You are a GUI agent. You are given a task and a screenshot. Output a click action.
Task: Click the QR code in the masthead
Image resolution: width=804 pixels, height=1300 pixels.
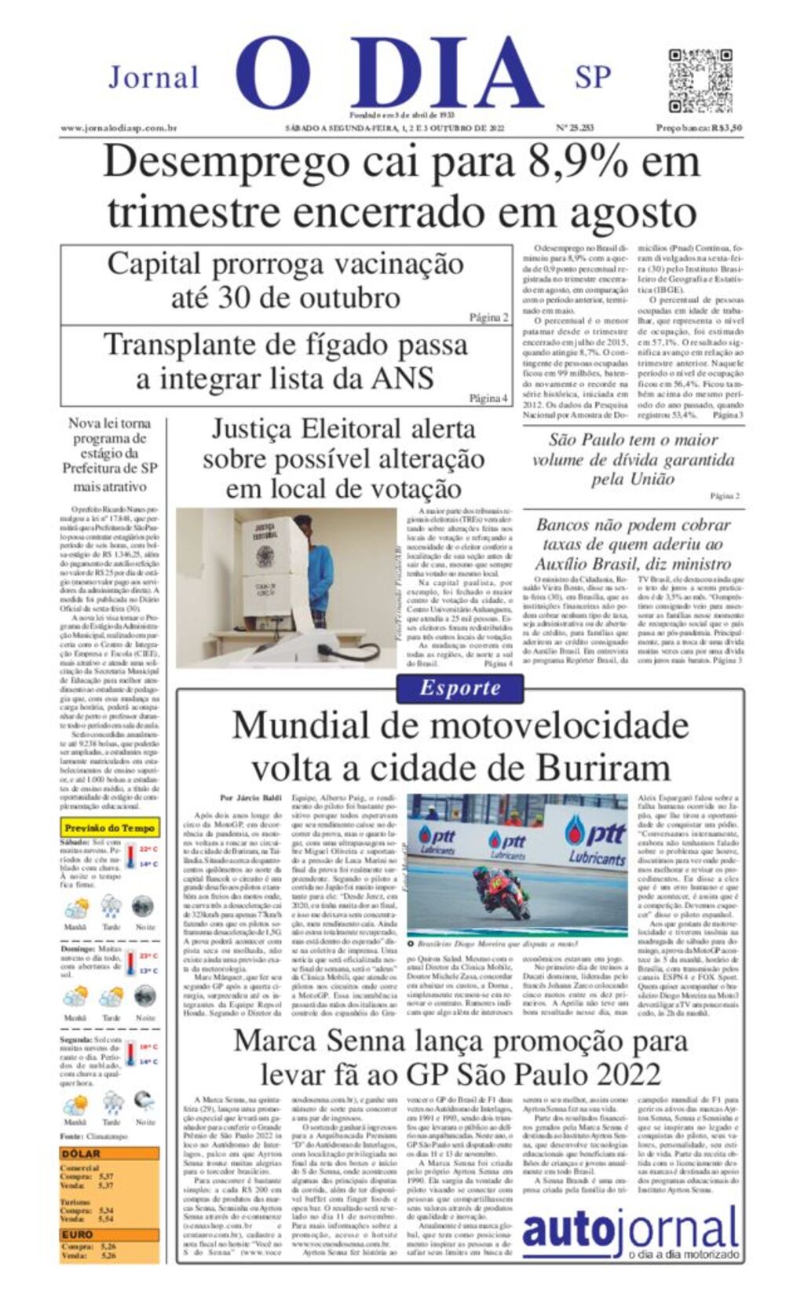click(x=700, y=81)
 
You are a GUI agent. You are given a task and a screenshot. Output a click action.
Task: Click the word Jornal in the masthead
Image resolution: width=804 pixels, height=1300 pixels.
click(x=154, y=78)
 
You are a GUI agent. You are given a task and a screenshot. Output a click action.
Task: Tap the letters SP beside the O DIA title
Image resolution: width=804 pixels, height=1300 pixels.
click(x=593, y=78)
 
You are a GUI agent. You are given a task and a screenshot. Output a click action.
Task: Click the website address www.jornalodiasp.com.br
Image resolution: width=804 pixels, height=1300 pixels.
click(x=119, y=128)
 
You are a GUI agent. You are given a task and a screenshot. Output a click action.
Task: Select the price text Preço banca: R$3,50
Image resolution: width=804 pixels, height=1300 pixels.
click(x=699, y=128)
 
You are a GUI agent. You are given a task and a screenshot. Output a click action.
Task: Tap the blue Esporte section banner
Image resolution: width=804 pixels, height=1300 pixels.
click(x=460, y=688)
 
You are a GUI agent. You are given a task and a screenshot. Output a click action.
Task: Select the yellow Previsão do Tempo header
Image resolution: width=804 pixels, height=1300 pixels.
click(x=109, y=827)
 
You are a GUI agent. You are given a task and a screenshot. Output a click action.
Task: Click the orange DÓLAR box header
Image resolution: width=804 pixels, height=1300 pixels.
click(x=81, y=1153)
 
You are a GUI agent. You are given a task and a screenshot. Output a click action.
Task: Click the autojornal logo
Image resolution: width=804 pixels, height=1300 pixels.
click(x=630, y=1232)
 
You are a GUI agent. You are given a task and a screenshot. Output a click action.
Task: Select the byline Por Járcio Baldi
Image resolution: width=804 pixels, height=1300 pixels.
click(x=250, y=798)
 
